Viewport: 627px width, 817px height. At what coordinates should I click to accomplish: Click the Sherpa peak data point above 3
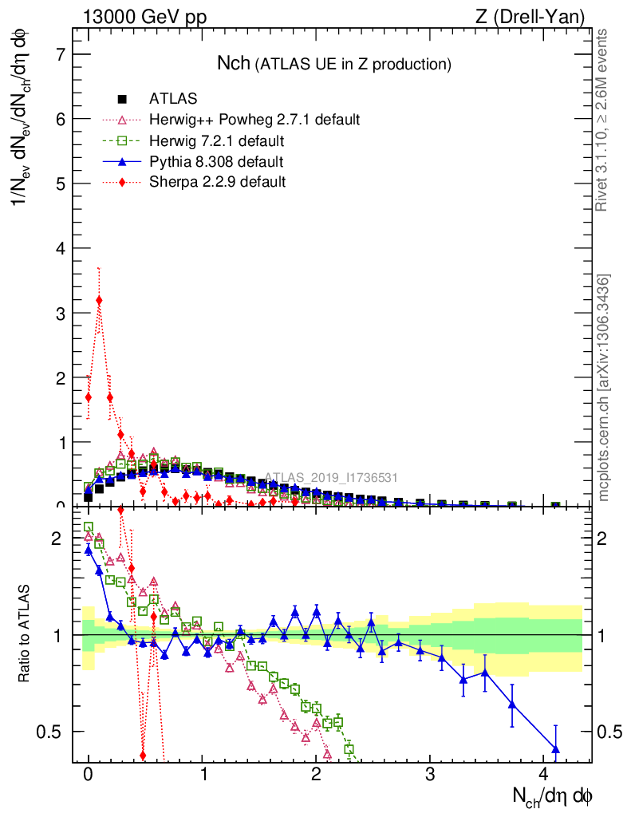(99, 300)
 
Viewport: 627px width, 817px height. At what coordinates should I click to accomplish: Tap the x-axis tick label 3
(430, 775)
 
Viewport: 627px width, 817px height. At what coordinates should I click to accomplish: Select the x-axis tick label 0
(89, 775)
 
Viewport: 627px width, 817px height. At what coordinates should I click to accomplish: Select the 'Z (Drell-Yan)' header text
(538, 17)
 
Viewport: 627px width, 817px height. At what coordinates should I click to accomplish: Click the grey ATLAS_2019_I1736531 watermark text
(331, 478)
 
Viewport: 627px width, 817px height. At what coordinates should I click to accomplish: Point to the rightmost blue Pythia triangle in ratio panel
(555, 748)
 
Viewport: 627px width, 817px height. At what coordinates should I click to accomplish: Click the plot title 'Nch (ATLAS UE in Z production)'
(334, 64)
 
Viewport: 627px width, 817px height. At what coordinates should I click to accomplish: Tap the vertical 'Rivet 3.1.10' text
(602, 120)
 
